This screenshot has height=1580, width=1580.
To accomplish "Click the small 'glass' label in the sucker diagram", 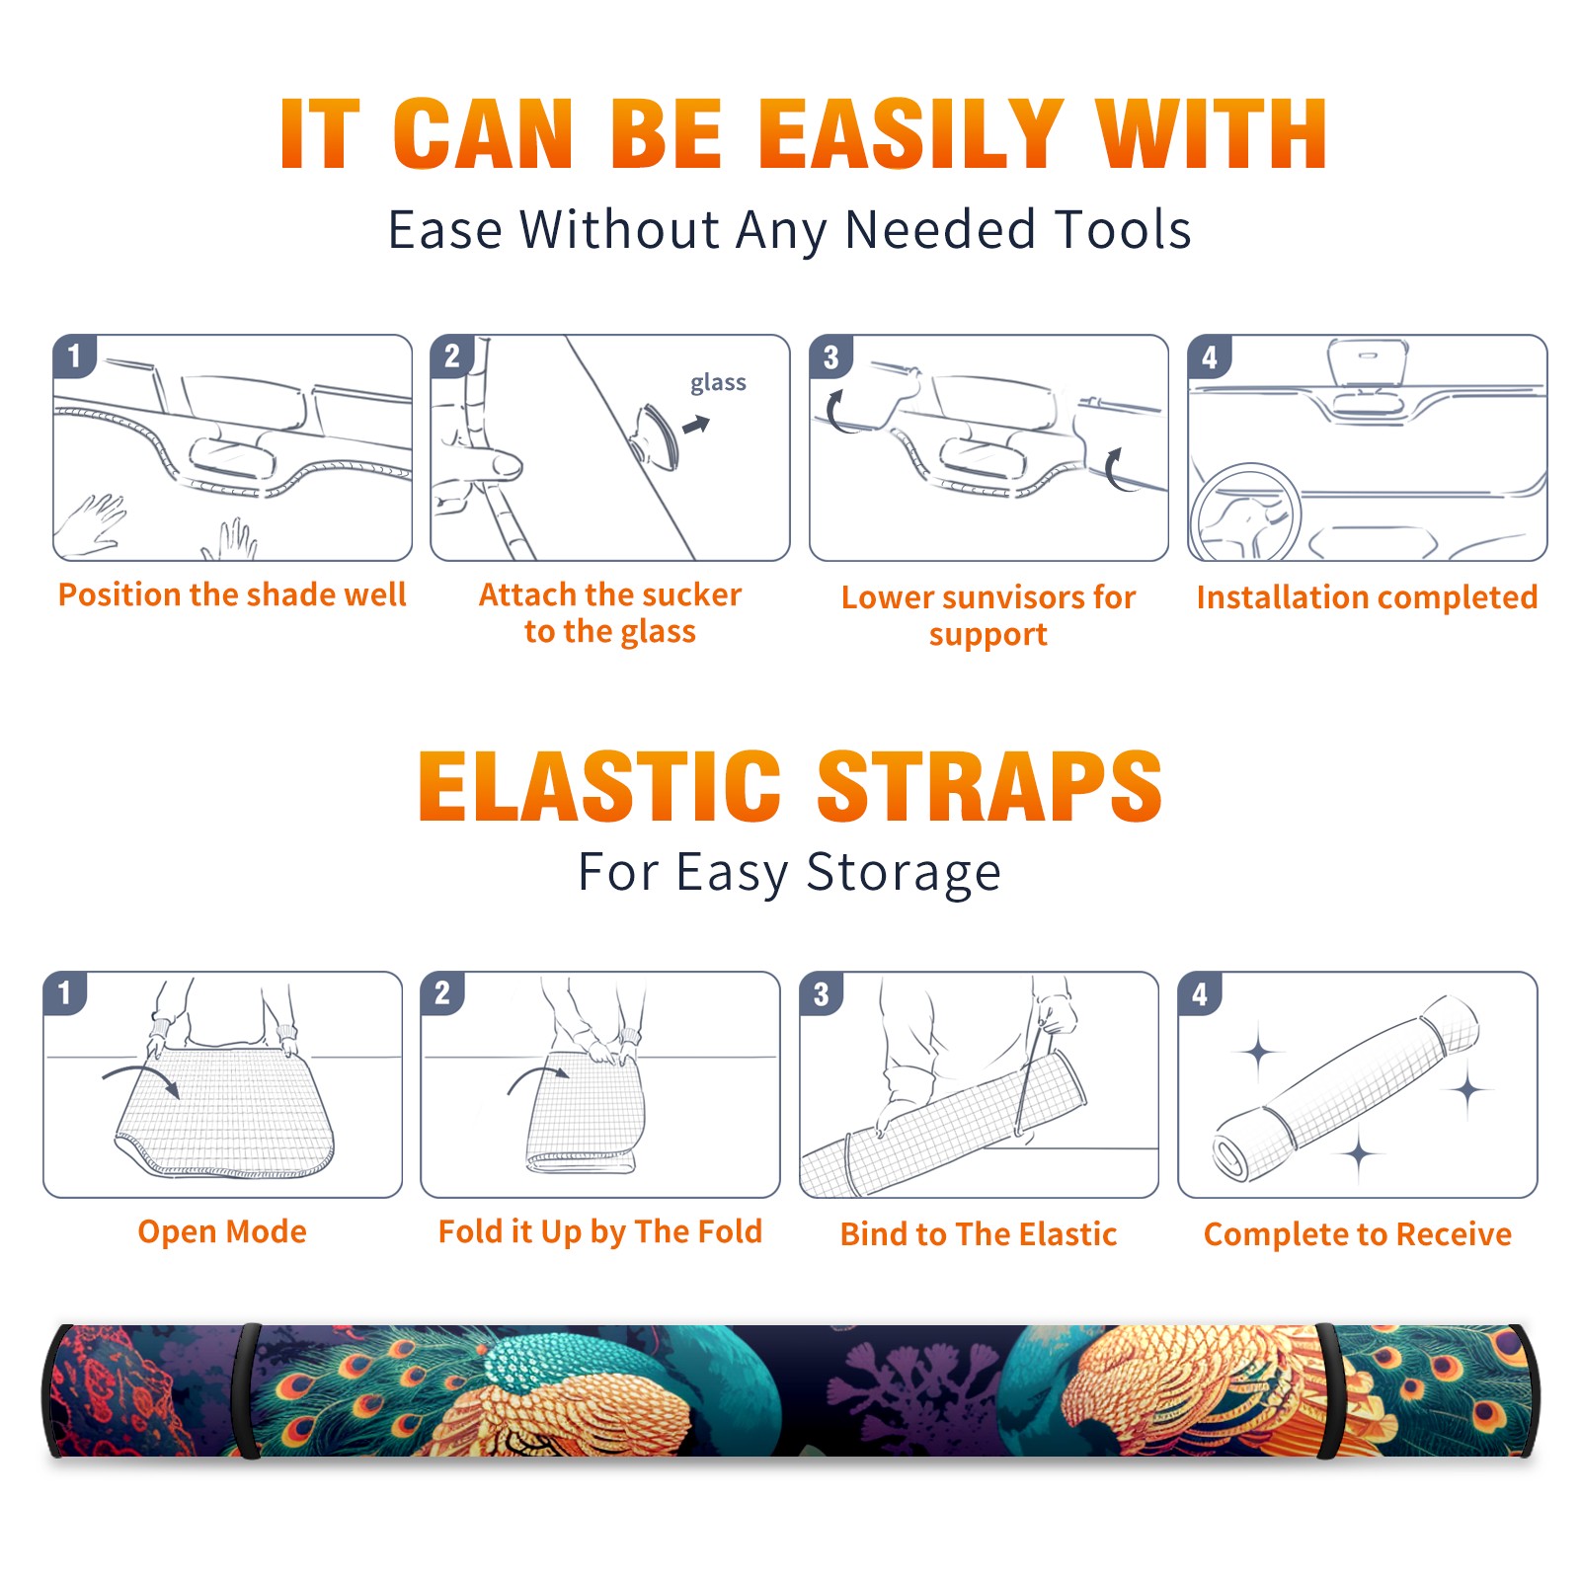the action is pos(718,382).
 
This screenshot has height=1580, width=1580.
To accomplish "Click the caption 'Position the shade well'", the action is pos(232,594).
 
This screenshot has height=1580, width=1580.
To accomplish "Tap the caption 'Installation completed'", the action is pos(1367,596).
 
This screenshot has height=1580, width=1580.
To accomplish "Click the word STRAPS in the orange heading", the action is pos(989,786).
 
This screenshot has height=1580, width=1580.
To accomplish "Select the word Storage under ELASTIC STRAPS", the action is pos(904,873).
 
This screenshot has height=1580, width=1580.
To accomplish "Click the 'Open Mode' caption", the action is pos(222,1231).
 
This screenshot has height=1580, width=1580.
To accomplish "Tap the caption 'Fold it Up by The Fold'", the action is pos(600,1231).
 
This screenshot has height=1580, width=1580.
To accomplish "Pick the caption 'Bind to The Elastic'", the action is pos(979,1233).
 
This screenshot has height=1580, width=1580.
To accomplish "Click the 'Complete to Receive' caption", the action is pos(1358,1234).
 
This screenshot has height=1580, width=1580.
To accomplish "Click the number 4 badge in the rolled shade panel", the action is pos(1200,993).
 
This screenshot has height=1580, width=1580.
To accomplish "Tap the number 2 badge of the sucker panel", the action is pos(452,355).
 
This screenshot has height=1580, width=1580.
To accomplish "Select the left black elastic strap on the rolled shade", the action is pos(247,1391).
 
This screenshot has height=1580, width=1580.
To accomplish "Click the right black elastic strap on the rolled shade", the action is pos(1329,1391).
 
